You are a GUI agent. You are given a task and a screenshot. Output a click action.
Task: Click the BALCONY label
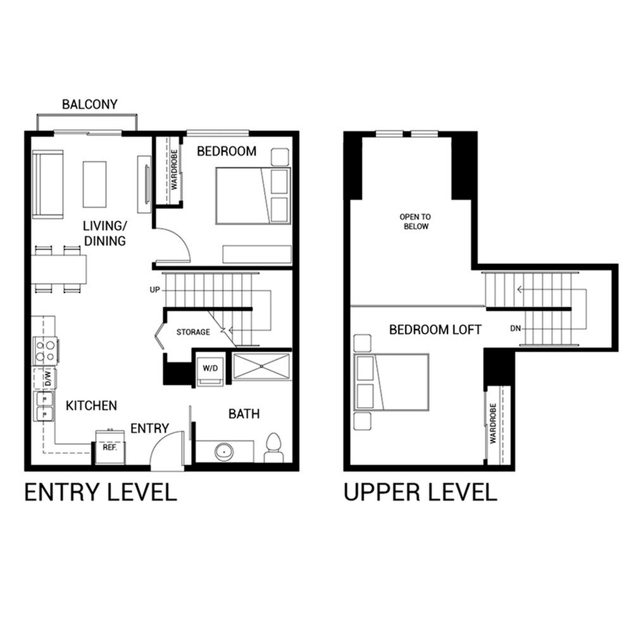click(89, 104)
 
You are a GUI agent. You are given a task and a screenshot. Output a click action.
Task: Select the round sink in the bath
click(224, 452)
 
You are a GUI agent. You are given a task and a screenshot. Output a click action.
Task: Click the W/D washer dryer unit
click(209, 369)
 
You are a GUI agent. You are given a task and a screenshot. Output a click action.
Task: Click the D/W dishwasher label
click(47, 378)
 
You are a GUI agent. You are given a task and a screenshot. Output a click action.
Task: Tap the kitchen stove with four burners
click(46, 350)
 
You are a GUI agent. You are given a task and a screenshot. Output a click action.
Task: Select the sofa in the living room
click(48, 184)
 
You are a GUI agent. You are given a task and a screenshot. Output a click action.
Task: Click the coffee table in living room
click(95, 184)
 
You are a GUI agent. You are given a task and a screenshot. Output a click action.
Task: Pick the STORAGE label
click(193, 332)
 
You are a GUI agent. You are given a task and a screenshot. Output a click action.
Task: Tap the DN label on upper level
click(515, 328)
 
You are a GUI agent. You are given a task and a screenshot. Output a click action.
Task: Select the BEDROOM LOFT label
click(435, 330)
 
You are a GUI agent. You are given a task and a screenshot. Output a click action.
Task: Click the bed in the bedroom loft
click(392, 382)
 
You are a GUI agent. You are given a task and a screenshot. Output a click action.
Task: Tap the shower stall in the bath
click(262, 366)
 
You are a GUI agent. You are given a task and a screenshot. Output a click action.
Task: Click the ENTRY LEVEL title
click(101, 492)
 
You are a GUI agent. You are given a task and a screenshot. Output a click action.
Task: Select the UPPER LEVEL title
click(420, 492)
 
